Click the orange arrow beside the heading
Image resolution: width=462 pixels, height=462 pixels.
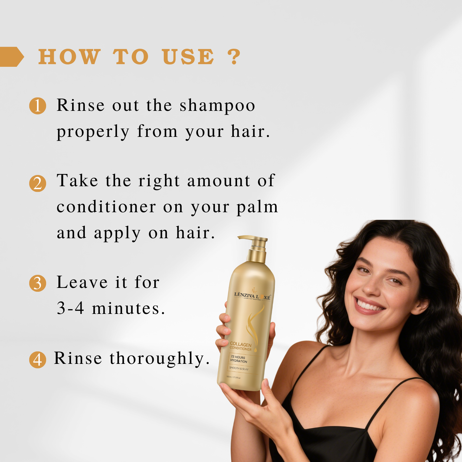coord(11,57)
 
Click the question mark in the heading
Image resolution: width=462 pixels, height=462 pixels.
coord(234,57)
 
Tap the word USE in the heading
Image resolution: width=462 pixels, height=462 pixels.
coord(188,57)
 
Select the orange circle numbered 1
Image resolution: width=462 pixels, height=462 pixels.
coord(38,106)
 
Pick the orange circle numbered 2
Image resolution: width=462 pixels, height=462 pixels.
coord(38,184)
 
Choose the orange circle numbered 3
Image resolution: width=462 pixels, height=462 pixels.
coord(38,283)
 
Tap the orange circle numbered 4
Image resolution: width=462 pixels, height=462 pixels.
coord(38,360)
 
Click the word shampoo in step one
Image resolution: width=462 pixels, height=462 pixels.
coord(217,106)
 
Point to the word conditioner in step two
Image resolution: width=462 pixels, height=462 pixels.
coord(106,207)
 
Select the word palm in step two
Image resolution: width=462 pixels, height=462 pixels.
coord(257,207)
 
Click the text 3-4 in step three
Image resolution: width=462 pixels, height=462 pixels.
coord(70,308)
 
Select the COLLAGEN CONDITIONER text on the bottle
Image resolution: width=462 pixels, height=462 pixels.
coord(241,346)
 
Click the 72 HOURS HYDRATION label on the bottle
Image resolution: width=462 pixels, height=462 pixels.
coord(239,359)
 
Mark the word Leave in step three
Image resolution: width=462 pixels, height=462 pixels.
coord(82,282)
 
